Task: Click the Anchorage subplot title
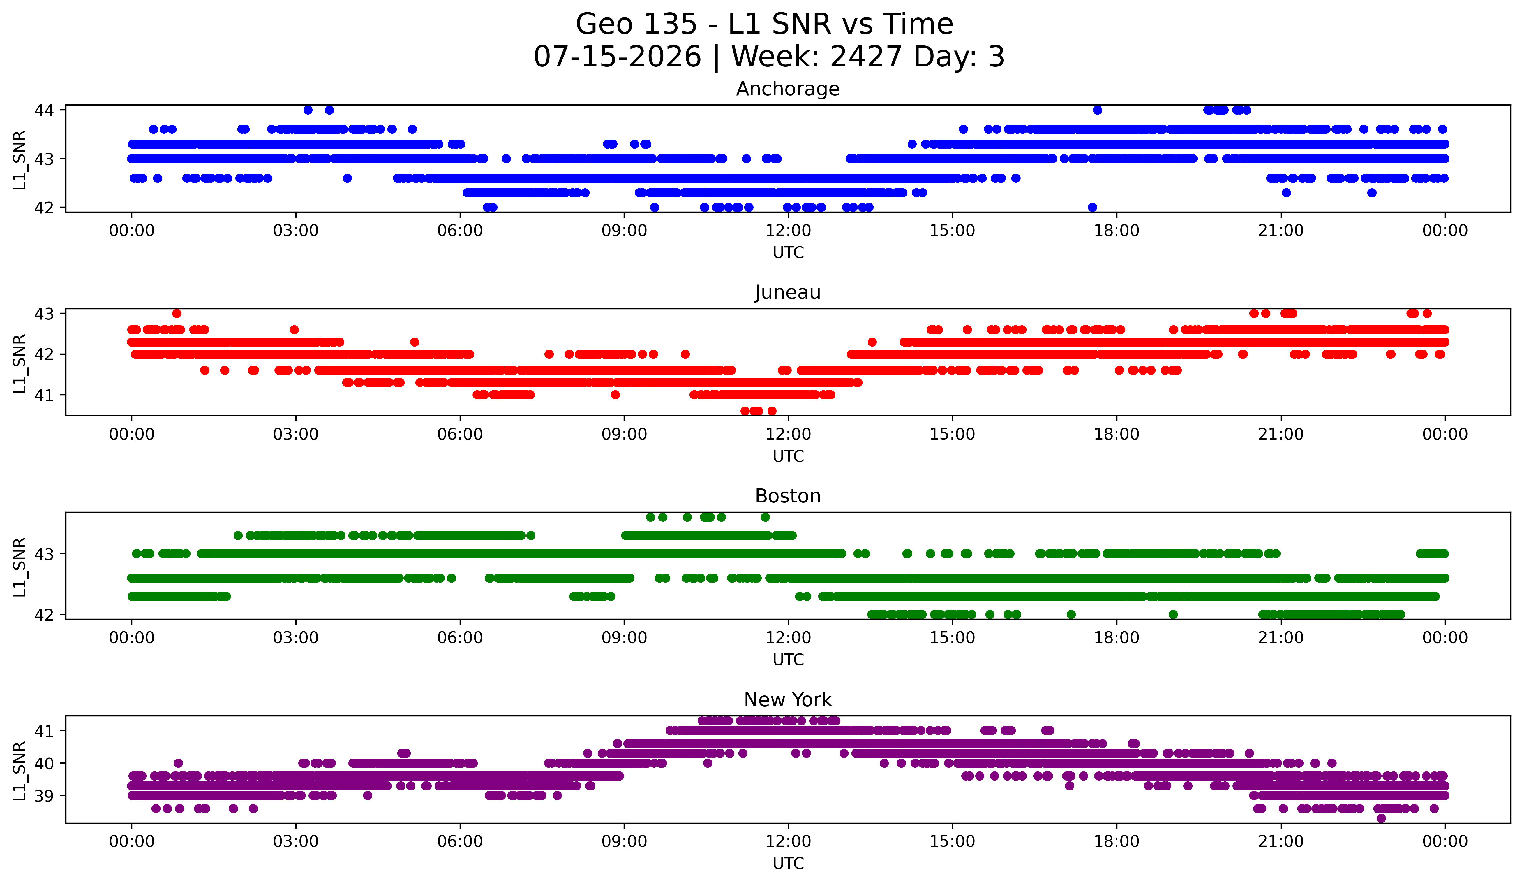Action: coord(788,89)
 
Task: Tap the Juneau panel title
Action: coord(788,292)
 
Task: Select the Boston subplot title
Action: coord(788,496)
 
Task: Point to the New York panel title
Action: coord(788,700)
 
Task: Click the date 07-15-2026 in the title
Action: coord(617,57)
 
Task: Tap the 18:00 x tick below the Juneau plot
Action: coord(1116,435)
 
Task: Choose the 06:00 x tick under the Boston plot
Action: coord(460,638)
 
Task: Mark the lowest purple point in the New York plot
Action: coord(1381,818)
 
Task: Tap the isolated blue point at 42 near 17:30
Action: coord(1092,207)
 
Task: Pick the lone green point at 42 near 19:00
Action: coord(1173,614)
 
